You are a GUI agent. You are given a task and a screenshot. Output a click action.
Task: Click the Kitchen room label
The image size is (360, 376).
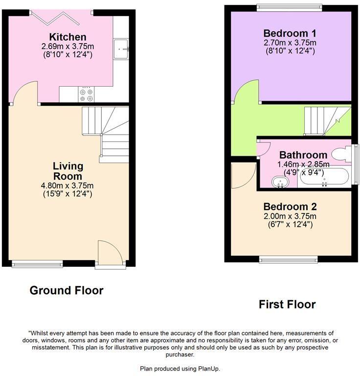pyautogui.click(x=67, y=37)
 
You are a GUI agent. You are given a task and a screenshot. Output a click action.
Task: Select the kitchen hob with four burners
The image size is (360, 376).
pyautogui.click(x=87, y=94)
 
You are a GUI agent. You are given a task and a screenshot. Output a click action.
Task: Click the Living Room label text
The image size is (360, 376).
pyautogui.click(x=67, y=171)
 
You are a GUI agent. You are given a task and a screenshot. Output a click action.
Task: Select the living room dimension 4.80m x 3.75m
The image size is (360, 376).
pyautogui.click(x=67, y=186)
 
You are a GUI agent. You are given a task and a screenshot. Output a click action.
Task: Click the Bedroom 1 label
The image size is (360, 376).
pyautogui.click(x=290, y=34)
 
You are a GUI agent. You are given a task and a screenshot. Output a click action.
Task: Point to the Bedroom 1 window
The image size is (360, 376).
pyautogui.click(x=290, y=7)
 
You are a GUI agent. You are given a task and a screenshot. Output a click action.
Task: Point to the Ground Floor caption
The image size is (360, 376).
pyautogui.click(x=67, y=290)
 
